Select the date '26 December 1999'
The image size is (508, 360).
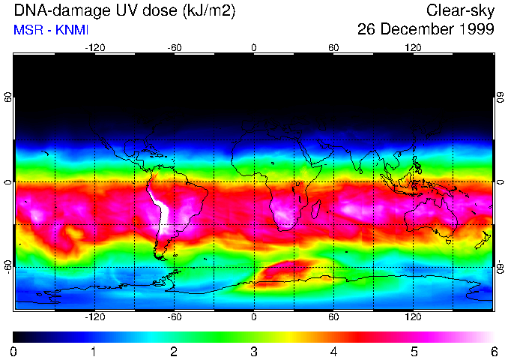pyautogui.click(x=426, y=30)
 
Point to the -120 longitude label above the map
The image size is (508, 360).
pyautogui.click(x=94, y=47)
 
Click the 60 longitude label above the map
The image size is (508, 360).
pyautogui.click(x=333, y=47)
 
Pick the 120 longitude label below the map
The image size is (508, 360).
pyautogui.click(x=413, y=316)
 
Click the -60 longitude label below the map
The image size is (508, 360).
pyautogui.click(x=175, y=316)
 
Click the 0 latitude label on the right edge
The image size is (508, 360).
pyautogui.click(x=500, y=182)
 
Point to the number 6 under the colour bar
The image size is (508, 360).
pyautogui.click(x=494, y=351)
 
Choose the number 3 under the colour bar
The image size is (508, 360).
pyautogui.click(x=254, y=351)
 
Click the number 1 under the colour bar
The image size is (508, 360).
pyautogui.click(x=94, y=351)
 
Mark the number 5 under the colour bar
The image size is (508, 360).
pyautogui.click(x=414, y=351)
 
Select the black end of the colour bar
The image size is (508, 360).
pyautogui.click(x=16, y=337)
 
